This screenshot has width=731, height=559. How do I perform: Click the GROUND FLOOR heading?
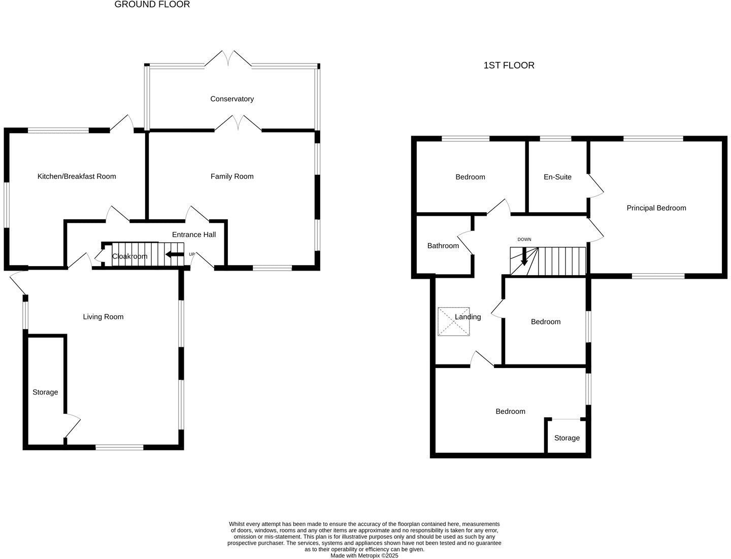152,5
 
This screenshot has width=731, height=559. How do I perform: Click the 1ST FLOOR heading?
509,65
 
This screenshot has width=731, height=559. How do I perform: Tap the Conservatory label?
232,99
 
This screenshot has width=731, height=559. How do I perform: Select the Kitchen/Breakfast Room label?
77,177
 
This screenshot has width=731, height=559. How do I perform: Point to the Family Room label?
232,177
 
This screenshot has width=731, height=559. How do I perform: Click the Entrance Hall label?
194,235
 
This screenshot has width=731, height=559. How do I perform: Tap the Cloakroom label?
130,256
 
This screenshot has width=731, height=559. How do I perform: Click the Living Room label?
103,317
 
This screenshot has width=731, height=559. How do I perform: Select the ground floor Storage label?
45,392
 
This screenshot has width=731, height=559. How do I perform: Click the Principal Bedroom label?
656,208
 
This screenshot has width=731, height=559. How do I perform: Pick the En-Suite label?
557,177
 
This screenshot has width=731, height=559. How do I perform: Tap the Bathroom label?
443,246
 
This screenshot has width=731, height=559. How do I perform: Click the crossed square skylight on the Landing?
453,321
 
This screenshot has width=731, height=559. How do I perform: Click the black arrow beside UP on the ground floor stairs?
175,254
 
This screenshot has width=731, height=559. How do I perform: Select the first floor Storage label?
567,438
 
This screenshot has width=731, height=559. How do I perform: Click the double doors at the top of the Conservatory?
228,58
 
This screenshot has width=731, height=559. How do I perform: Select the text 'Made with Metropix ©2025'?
364,555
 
